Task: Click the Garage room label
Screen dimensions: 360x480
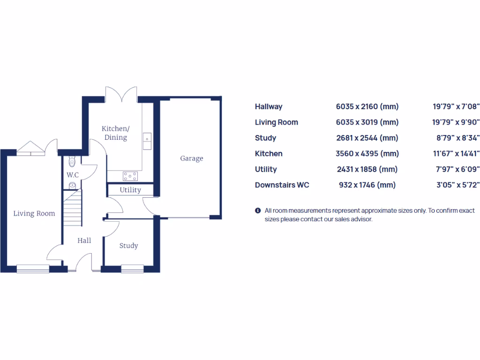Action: pyautogui.click(x=192, y=158)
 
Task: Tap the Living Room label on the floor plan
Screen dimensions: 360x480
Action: pyautogui.click(x=34, y=214)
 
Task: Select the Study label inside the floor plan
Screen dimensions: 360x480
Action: pyautogui.click(x=128, y=246)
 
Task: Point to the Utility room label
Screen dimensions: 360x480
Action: pyautogui.click(x=130, y=190)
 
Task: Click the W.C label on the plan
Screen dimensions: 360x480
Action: pyautogui.click(x=72, y=175)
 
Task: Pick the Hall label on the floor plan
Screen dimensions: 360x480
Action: pyautogui.click(x=84, y=240)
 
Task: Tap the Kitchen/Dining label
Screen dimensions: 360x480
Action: pyautogui.click(x=115, y=133)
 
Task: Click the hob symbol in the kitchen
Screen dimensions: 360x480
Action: pyautogui.click(x=130, y=176)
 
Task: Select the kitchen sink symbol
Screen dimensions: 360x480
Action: pyautogui.click(x=148, y=140)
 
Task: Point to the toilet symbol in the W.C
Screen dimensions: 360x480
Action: pyautogui.click(x=72, y=162)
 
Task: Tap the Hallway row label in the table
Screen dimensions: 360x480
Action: pyautogui.click(x=269, y=107)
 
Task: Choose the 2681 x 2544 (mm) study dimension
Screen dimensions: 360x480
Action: pyautogui.click(x=367, y=138)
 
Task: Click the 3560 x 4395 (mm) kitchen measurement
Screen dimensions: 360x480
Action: pyautogui.click(x=367, y=154)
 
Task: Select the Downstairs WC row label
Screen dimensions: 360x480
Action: pyautogui.click(x=282, y=185)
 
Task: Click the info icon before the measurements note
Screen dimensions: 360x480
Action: pyautogui.click(x=258, y=211)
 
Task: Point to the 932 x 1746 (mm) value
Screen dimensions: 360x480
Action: pyautogui.click(x=367, y=185)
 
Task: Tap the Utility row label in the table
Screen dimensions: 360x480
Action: pyautogui.click(x=266, y=169)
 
